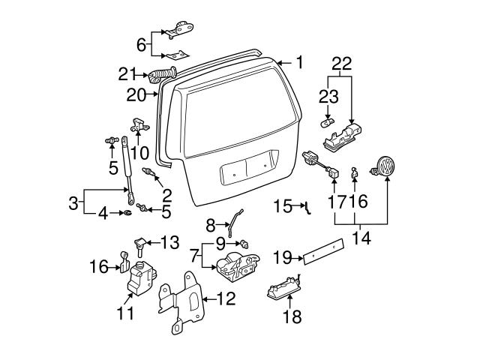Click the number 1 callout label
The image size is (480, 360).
pyautogui.click(x=298, y=63)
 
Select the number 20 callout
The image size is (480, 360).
pyautogui.click(x=136, y=94)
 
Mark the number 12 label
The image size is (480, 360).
pyautogui.click(x=225, y=298)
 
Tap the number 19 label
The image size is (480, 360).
pyautogui.click(x=283, y=258)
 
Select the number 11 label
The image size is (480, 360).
pyautogui.click(x=125, y=313)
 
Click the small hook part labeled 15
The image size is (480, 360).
pyautogui.click(x=306, y=208)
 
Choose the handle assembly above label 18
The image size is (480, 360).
pyautogui.click(x=283, y=288)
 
